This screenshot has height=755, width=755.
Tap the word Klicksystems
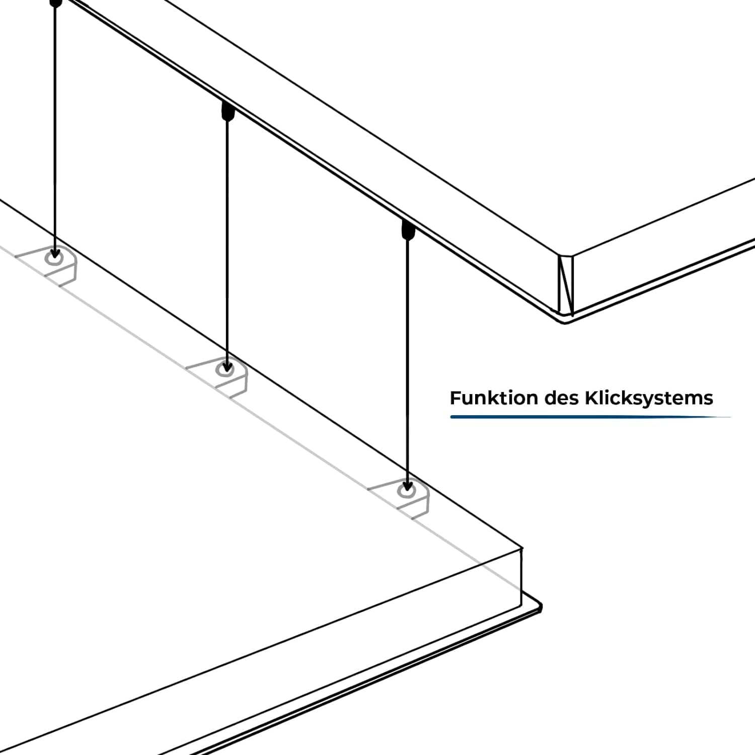tap(648, 398)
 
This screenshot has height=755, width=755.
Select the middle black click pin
tap(228, 111)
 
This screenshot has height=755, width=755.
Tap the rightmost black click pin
tap(408, 230)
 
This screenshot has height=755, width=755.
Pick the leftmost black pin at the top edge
tap(56, 3)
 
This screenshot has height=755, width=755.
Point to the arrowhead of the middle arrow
tap(228, 366)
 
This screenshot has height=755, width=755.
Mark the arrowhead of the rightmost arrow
tap(407, 487)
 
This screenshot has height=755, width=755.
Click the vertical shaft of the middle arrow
tap(228, 242)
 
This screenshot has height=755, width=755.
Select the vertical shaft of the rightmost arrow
tap(407, 362)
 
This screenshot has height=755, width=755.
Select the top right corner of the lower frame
tap(521, 549)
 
